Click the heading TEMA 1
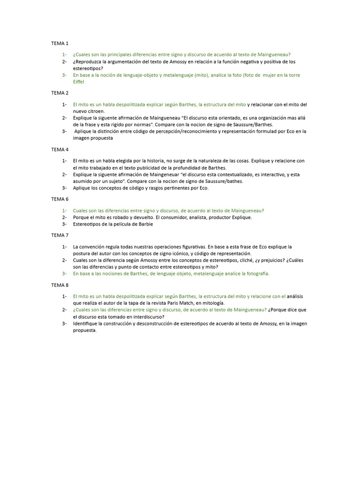point(60,43)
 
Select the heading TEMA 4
point(60,150)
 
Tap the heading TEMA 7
point(60,235)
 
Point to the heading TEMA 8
point(60,285)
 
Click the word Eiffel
point(79,82)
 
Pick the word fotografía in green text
point(255,274)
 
